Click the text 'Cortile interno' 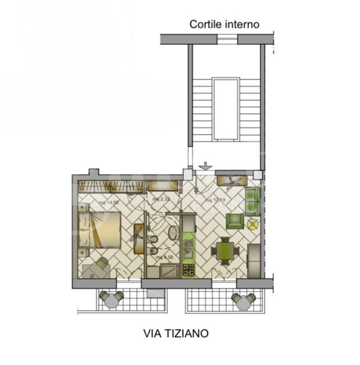(x=224, y=25)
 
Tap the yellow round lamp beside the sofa (x=252, y=225)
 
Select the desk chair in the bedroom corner (x=100, y=263)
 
